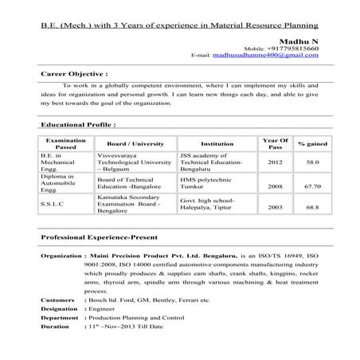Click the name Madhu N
tap(299, 39)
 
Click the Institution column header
tap(217, 143)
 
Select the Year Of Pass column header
tap(275, 143)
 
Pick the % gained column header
tap(312, 143)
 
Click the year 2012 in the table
tap(275, 162)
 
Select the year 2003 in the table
tap(275, 207)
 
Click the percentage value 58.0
tap(312, 162)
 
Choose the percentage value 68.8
tap(312, 207)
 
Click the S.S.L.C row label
tap(55, 204)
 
